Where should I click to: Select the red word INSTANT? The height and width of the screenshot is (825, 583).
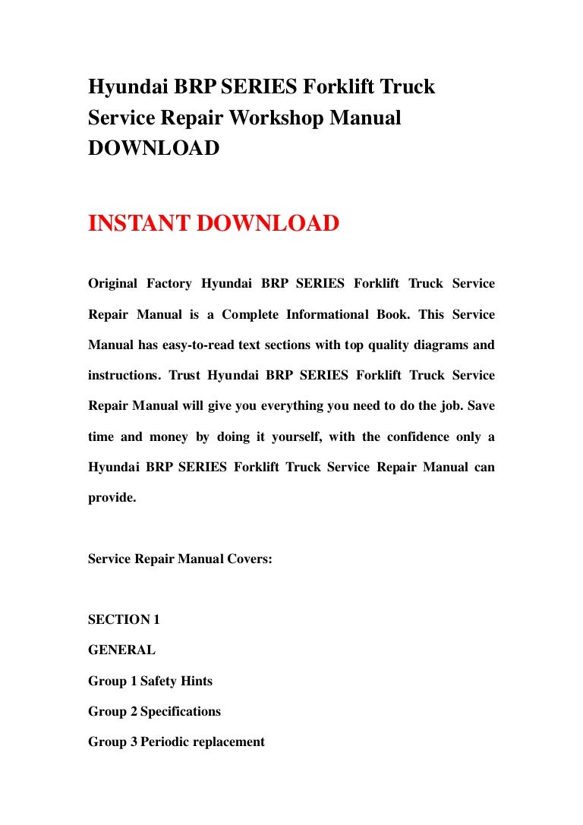tap(139, 224)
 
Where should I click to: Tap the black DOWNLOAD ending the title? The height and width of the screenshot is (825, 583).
tap(154, 148)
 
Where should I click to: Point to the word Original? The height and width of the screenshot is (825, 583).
tap(113, 284)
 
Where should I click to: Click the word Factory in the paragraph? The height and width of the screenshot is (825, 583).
tap(173, 284)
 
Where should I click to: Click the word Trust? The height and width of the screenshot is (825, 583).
tap(184, 375)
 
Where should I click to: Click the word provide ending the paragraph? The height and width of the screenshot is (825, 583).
tap(112, 498)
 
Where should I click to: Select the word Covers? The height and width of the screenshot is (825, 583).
tap(247, 559)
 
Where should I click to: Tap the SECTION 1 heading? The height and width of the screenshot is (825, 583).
tap(124, 619)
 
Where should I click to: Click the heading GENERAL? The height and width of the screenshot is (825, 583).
tap(121, 650)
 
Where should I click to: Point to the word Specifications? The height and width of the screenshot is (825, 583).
tap(181, 711)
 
